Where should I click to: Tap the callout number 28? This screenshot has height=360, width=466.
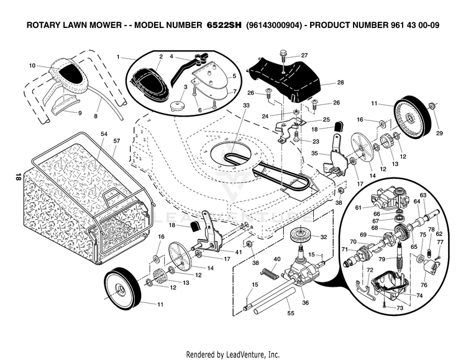point(340,82)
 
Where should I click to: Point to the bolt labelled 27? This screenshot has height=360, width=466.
point(283,56)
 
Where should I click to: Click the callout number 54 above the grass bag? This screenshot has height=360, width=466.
point(104,135)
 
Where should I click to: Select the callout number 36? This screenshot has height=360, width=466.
point(304,302)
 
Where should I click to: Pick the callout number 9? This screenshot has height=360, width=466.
point(80,113)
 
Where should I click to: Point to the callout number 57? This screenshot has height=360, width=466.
point(116,141)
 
